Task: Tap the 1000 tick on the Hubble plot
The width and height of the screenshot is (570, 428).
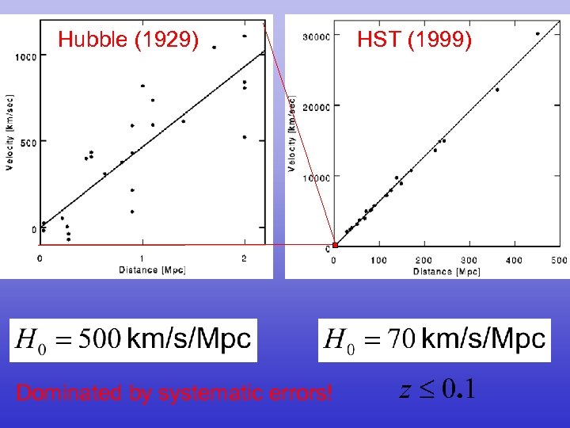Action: point(25,55)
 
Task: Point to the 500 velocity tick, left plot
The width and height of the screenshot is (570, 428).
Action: point(28,143)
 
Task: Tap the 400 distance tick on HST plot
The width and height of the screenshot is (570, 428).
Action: point(514,260)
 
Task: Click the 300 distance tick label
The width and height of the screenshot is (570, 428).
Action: point(469,260)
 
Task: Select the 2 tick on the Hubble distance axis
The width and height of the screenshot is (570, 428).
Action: point(244,258)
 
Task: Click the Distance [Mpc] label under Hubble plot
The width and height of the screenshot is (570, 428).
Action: point(151,270)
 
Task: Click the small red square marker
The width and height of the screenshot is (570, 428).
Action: point(335,246)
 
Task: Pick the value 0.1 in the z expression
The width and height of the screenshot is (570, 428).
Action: point(458,389)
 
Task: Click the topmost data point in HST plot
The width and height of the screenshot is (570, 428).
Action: point(538,34)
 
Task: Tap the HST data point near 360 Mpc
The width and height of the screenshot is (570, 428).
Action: point(497,90)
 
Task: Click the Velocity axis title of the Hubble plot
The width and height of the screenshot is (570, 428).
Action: point(9,132)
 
